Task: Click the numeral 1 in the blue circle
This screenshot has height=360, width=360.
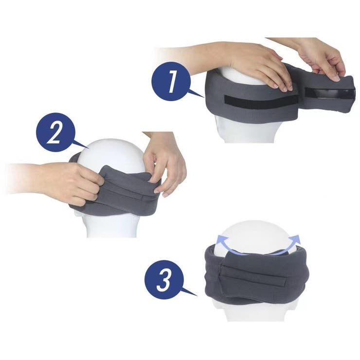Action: pos(172,81)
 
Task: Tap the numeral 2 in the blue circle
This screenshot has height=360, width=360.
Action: pos(55,133)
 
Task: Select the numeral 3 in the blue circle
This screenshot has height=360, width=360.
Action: pos(163,280)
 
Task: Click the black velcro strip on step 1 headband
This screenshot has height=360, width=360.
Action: pos(262,102)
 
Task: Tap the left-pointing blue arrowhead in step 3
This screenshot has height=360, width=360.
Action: pos(220,241)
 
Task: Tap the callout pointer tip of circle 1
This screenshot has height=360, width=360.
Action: pos(204,97)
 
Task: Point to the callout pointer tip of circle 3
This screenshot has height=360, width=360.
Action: pos(197,296)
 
